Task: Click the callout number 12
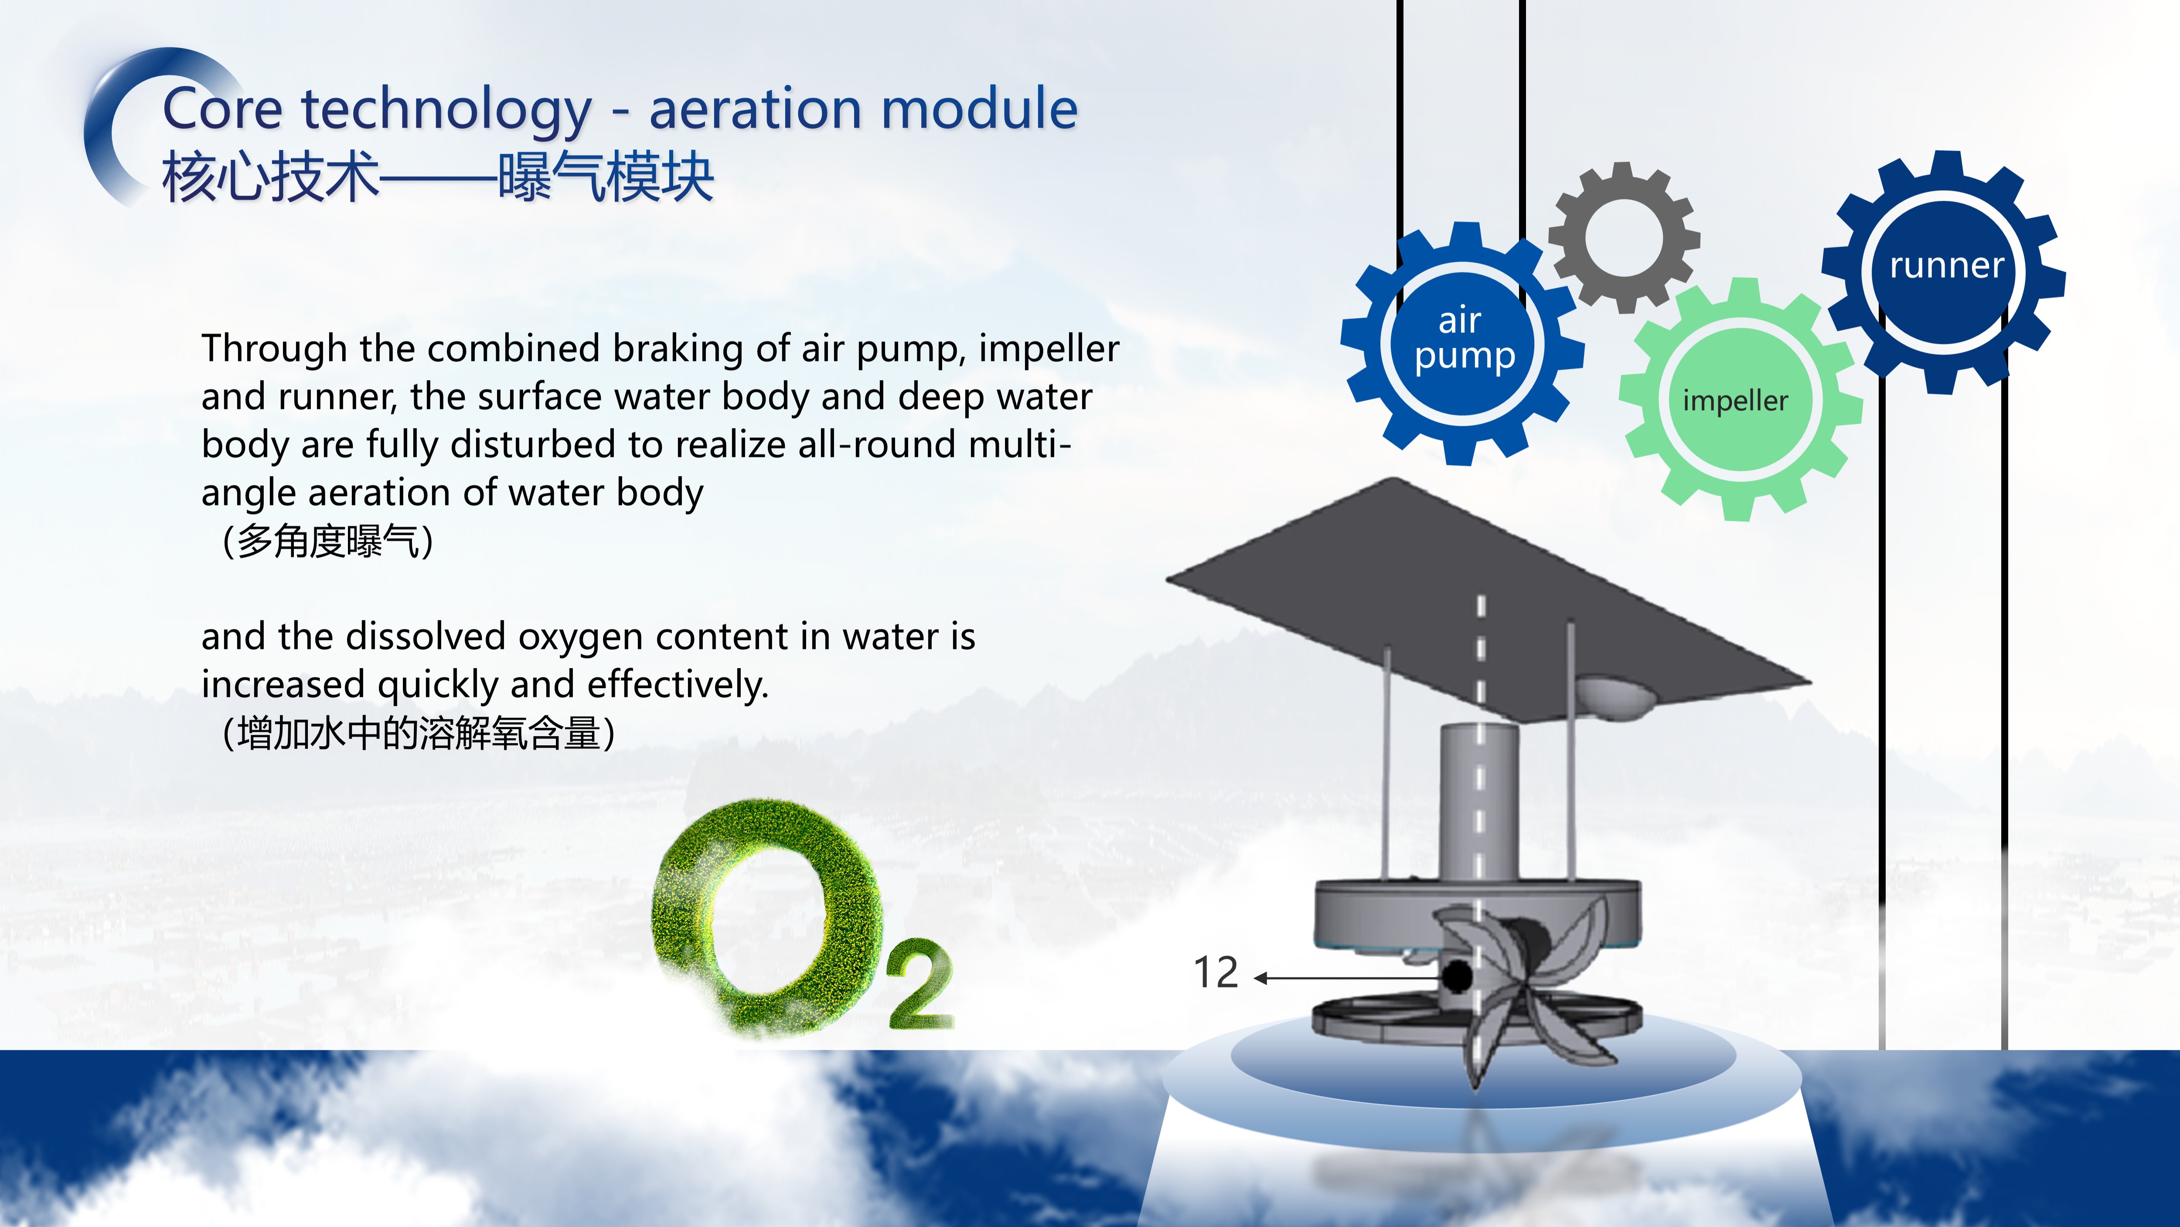(1215, 972)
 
